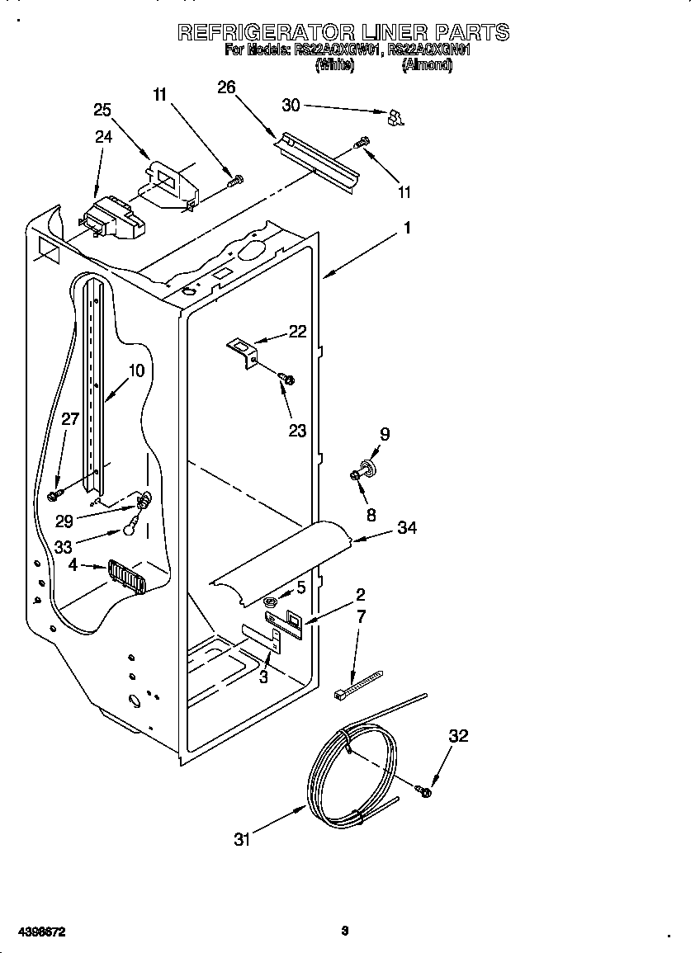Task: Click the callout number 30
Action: click(x=291, y=105)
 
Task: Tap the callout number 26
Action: click(x=226, y=87)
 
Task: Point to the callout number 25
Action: click(x=102, y=111)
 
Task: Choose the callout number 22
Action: click(x=297, y=332)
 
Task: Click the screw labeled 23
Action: click(x=287, y=379)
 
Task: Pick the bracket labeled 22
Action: click(x=244, y=351)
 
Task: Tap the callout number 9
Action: click(x=384, y=434)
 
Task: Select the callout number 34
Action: click(x=407, y=528)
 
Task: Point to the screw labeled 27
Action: click(x=55, y=494)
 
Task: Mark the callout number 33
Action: click(x=63, y=547)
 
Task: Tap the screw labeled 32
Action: click(x=425, y=791)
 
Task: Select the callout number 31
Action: click(x=242, y=840)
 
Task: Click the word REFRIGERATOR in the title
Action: click(x=267, y=32)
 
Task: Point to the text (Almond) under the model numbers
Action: click(x=427, y=67)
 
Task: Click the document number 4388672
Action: click(x=34, y=932)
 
